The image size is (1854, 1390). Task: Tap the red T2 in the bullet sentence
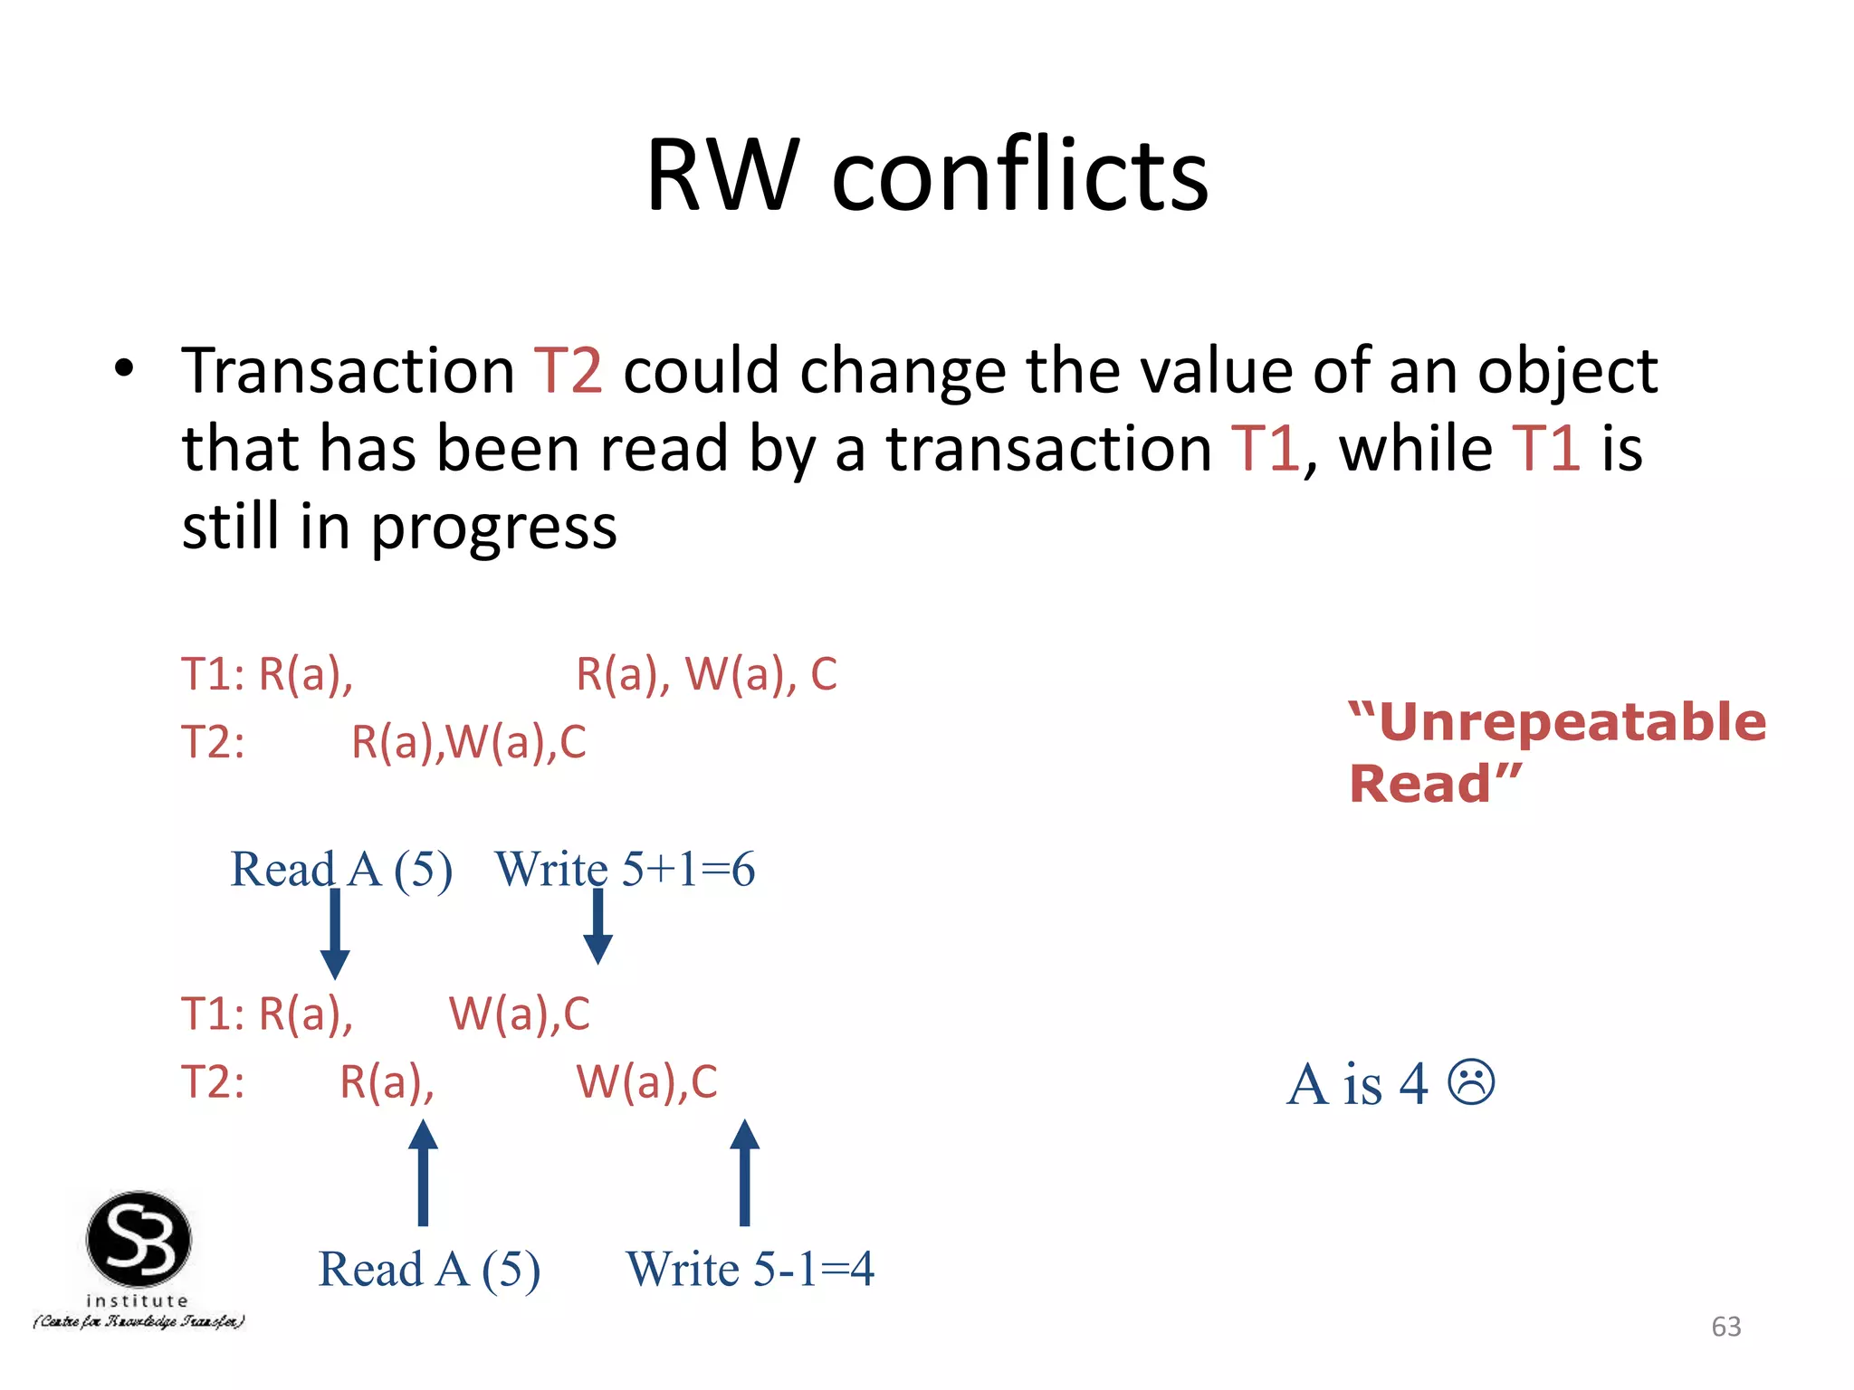click(568, 371)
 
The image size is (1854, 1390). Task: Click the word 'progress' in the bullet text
click(494, 528)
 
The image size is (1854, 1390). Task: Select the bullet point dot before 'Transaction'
click(124, 368)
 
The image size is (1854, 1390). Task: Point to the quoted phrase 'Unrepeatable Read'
click(1555, 751)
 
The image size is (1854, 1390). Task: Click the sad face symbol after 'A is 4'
click(1471, 1082)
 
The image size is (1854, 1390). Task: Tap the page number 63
click(1725, 1327)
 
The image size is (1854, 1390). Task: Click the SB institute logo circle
click(139, 1239)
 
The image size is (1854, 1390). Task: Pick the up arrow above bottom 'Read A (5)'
click(423, 1172)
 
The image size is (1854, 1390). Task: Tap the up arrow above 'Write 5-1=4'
click(744, 1172)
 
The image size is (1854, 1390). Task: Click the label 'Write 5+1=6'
click(625, 870)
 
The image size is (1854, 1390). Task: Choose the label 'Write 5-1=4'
click(750, 1269)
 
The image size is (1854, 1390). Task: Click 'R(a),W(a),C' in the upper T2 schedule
click(468, 742)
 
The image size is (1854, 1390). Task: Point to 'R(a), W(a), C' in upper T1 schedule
click(706, 674)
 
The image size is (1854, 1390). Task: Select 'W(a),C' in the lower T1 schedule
click(519, 1014)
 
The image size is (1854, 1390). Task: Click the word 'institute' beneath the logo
click(138, 1300)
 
